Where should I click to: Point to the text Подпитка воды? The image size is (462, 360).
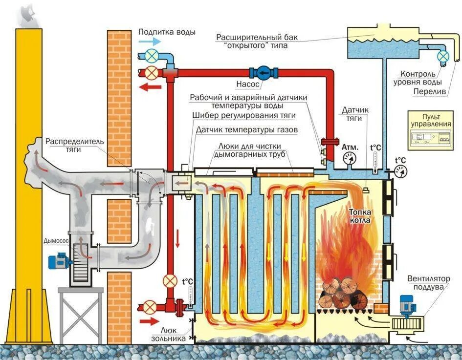click(x=167, y=32)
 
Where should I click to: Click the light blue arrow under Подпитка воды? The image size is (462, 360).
click(x=148, y=42)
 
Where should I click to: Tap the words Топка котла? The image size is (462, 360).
click(x=360, y=216)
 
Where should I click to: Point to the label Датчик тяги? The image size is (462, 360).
click(x=352, y=114)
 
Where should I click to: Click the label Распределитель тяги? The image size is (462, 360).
click(x=75, y=146)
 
